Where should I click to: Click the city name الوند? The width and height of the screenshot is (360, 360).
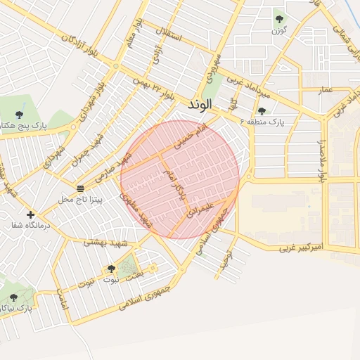(x=205, y=105)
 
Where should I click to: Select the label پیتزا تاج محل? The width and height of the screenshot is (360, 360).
(x=80, y=200)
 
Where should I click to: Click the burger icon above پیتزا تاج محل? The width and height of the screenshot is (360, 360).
(x=80, y=188)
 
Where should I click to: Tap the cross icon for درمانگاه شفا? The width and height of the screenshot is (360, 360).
(x=30, y=214)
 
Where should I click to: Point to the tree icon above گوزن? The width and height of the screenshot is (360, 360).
(x=279, y=20)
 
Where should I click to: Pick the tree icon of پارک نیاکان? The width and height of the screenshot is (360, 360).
(x=13, y=298)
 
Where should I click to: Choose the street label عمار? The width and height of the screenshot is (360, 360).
(x=326, y=90)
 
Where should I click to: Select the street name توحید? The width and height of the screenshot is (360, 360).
(x=225, y=263)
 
